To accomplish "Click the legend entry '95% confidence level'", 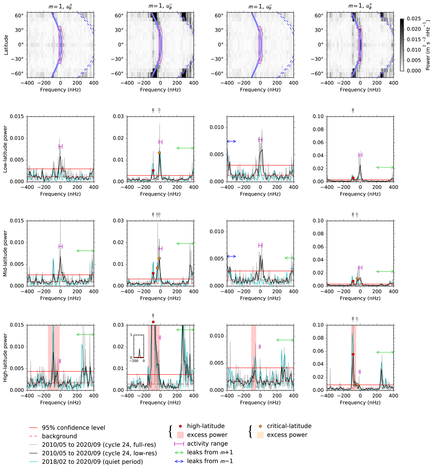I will pyautogui.click(x=73, y=428).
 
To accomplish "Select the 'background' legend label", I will pyautogui.click(x=59, y=436).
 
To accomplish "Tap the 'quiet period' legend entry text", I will pyautogui.click(x=92, y=462).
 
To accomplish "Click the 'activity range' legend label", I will pyautogui.click(x=207, y=444).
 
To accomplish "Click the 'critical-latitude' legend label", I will pyautogui.click(x=289, y=426).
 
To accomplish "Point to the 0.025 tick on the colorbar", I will pyautogui.click(x=414, y=18).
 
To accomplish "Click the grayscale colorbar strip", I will pyautogui.click(x=402, y=45).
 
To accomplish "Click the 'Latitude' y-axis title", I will pyautogui.click(x=6, y=45).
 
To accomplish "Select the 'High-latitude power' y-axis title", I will pyautogui.click(x=5, y=358).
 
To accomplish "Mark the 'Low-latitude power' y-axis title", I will pyautogui.click(x=5, y=149).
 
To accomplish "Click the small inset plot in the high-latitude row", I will pyautogui.click(x=139, y=346).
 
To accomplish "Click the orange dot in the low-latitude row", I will pyautogui.click(x=159, y=153).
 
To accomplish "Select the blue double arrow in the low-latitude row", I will pyautogui.click(x=231, y=141).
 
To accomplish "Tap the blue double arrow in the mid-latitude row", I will pyautogui.click(x=231, y=256).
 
